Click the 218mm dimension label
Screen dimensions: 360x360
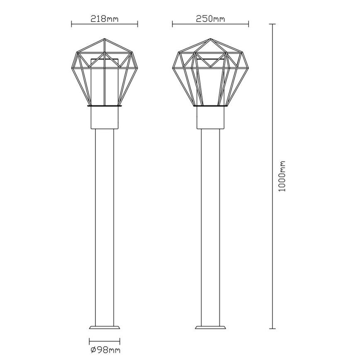104,19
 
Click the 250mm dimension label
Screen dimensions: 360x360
210,19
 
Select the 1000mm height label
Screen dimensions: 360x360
282,176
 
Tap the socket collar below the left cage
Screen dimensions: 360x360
105,118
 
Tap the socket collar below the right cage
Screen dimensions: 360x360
211,118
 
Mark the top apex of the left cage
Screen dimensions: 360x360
105,39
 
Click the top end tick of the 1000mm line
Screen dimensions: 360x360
272,24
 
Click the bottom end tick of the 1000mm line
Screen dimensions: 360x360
272,328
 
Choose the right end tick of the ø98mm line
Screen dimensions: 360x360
119,341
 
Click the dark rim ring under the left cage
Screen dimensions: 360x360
105,106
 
